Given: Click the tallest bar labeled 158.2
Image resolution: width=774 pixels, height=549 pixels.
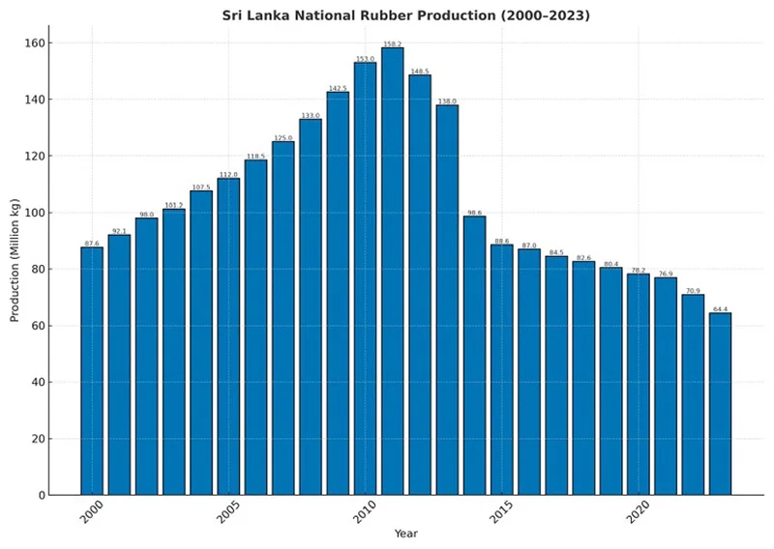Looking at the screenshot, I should coord(392,272).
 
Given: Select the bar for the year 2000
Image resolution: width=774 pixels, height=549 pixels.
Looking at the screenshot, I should coord(92,371).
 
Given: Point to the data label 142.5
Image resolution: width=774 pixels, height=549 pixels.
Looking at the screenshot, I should coord(338,88).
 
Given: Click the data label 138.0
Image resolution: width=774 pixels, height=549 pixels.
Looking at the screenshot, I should coord(447,101).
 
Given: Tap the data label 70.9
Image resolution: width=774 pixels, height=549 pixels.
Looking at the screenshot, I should coord(693,290).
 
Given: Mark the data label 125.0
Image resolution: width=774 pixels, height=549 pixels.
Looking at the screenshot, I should coord(283,137).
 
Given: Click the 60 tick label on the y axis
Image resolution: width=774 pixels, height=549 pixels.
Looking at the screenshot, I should coord(38,326).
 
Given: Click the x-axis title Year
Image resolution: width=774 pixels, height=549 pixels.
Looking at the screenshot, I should coord(406,534).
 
